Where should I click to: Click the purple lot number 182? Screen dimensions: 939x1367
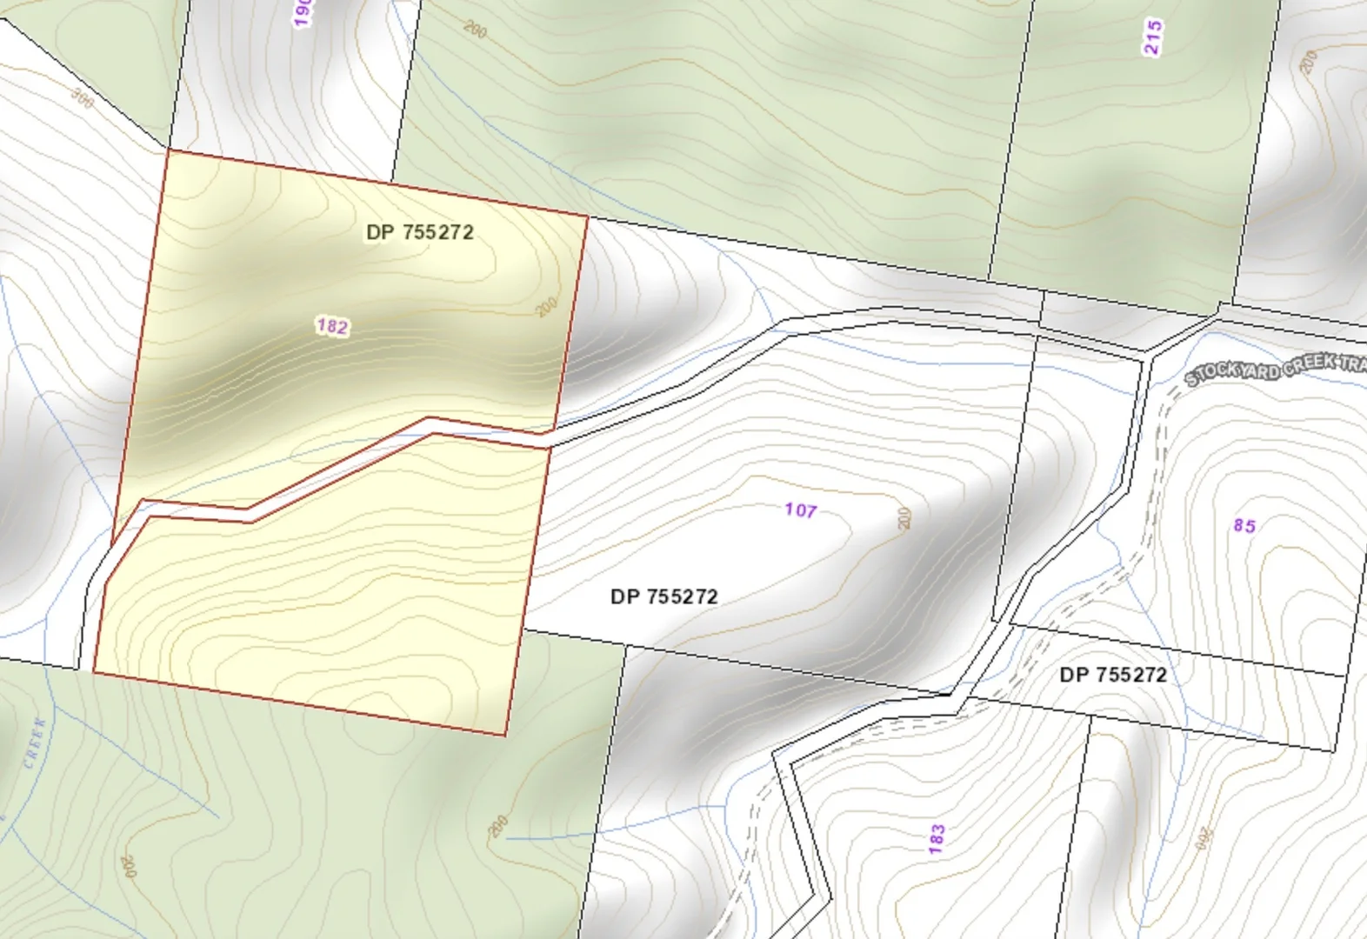pyautogui.click(x=332, y=327)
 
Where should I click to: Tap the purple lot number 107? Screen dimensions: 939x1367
pyautogui.click(x=800, y=510)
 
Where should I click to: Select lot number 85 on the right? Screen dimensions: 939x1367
pyautogui.click(x=1244, y=525)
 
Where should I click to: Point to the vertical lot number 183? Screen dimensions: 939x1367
pyautogui.click(x=937, y=839)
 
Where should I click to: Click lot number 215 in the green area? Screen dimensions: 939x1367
pyautogui.click(x=1153, y=37)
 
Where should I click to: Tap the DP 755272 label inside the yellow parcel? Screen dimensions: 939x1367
pyautogui.click(x=420, y=232)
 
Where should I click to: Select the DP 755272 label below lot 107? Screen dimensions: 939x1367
pyautogui.click(x=663, y=596)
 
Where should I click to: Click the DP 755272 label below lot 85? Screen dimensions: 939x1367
pyautogui.click(x=1113, y=675)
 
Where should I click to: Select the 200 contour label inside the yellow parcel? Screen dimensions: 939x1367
pyautogui.click(x=545, y=307)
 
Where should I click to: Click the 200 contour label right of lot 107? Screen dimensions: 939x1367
pyautogui.click(x=904, y=518)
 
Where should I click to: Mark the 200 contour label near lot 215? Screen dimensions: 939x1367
pyautogui.click(x=1309, y=61)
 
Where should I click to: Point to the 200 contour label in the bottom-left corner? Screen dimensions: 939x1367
pyautogui.click(x=129, y=866)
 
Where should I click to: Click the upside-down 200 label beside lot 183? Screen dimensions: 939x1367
pyautogui.click(x=1204, y=838)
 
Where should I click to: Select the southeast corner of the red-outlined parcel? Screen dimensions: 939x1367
pyautogui.click(x=505, y=736)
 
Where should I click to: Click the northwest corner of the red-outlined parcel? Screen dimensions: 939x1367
pyautogui.click(x=166, y=150)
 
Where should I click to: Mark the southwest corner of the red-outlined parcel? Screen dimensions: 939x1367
pyautogui.click(x=94, y=671)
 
